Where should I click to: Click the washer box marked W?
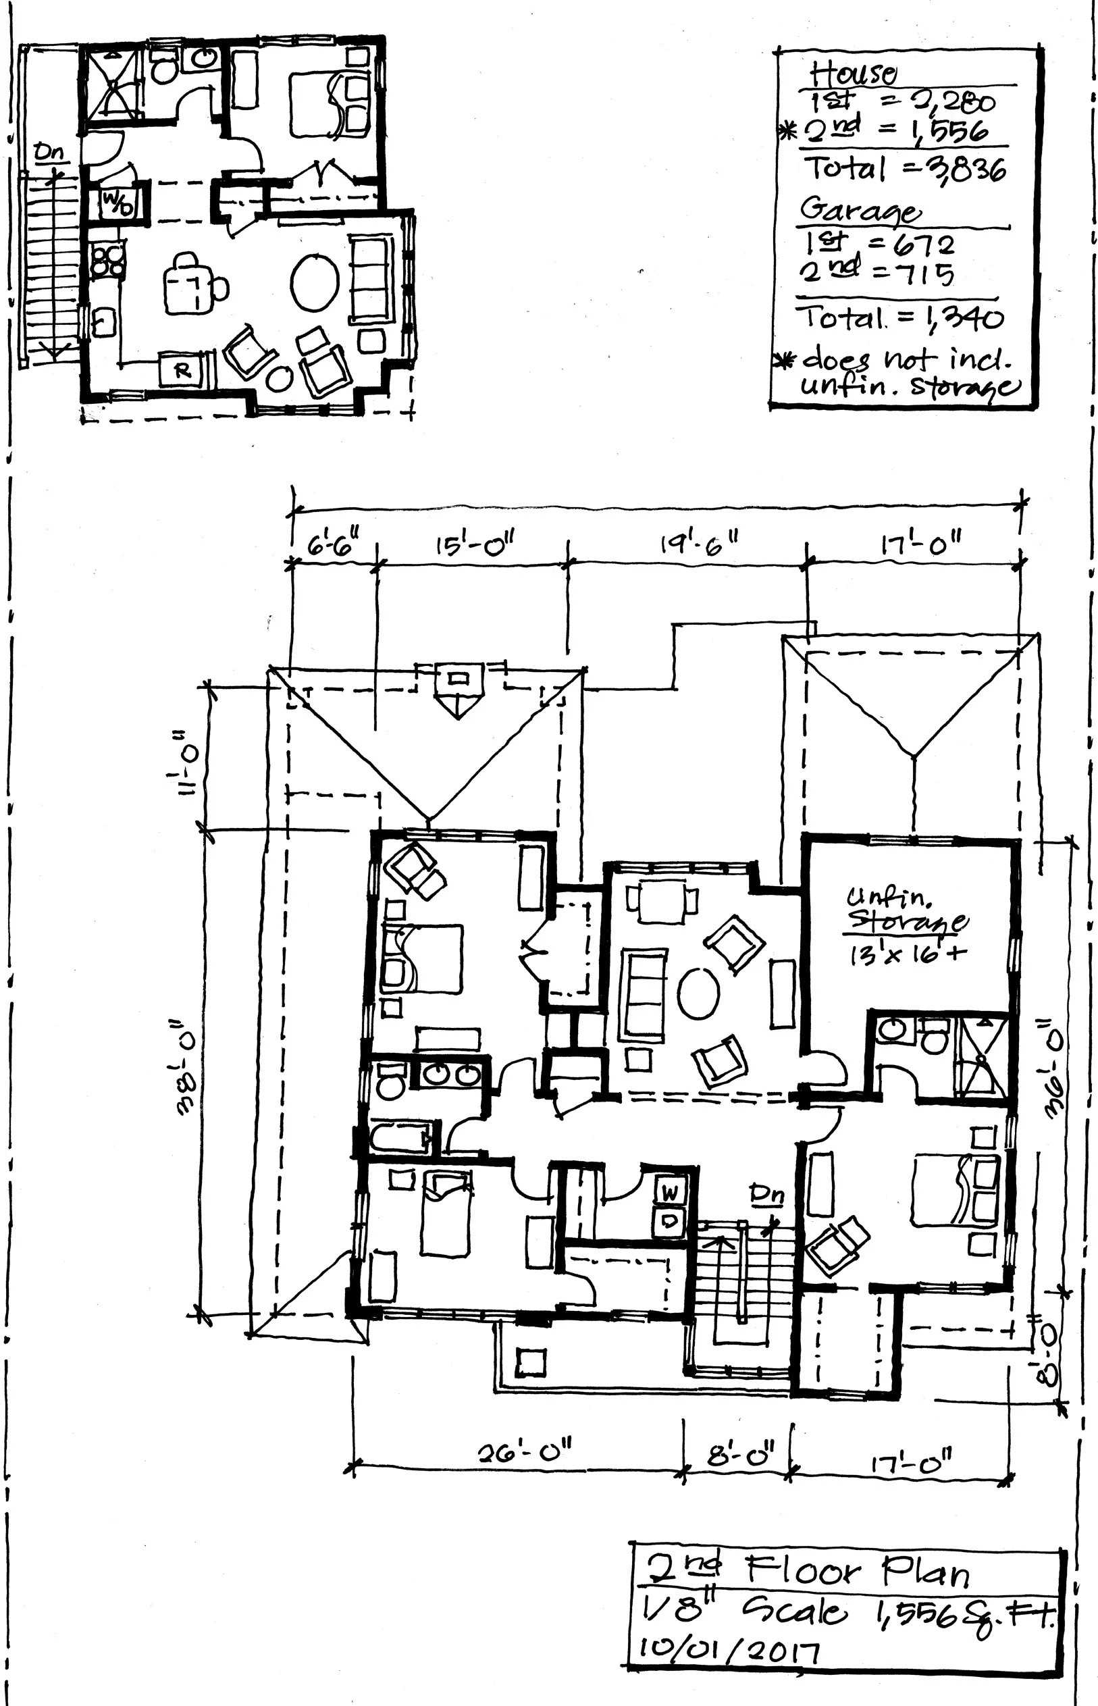[x=670, y=1193]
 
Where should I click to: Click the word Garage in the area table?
[x=859, y=210]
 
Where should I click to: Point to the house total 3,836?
[x=970, y=170]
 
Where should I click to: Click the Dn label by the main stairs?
[x=766, y=1195]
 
